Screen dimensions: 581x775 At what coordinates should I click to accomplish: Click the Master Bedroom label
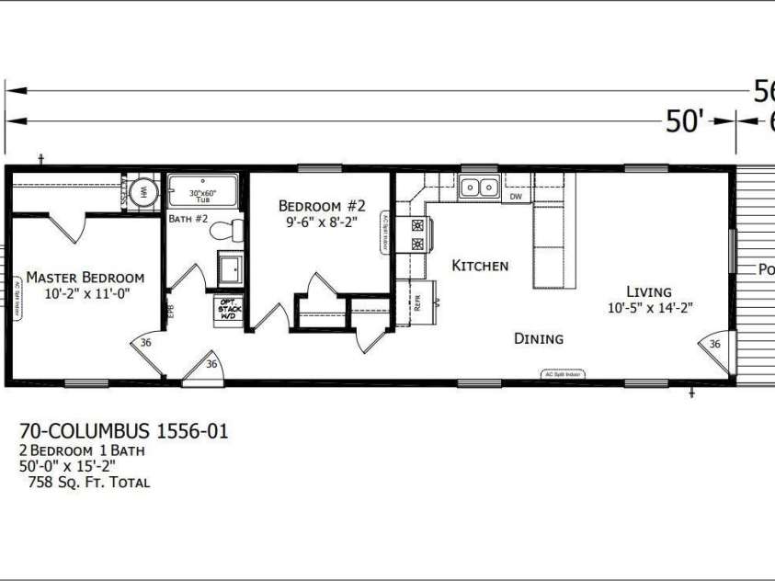[x=85, y=277]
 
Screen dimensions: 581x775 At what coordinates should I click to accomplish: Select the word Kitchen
[x=480, y=266]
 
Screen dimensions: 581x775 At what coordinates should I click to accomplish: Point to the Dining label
[x=538, y=338]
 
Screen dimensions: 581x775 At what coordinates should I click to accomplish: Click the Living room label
[x=649, y=291]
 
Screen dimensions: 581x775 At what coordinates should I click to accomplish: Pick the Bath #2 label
[x=188, y=219]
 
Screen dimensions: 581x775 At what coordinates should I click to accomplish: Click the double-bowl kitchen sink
[x=478, y=188]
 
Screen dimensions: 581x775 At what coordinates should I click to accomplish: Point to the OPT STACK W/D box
[x=228, y=310]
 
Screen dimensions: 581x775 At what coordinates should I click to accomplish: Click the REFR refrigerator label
[x=418, y=304]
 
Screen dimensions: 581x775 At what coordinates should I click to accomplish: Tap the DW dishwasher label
[x=516, y=196]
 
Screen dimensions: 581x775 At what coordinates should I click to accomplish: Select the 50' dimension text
[x=684, y=121]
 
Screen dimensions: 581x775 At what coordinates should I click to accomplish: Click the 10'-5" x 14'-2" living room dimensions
[x=649, y=308]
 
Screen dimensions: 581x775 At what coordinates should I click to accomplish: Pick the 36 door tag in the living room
[x=714, y=344]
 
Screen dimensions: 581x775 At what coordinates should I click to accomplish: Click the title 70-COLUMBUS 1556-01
[x=124, y=430]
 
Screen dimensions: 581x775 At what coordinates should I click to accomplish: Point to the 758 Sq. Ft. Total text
[x=89, y=482]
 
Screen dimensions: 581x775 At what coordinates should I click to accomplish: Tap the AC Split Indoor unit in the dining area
[x=562, y=374]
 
